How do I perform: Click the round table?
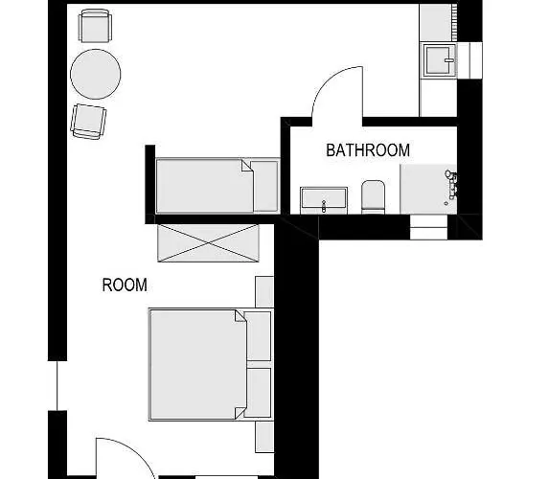tap(96, 73)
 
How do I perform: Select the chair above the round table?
tap(94, 26)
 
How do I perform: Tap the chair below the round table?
tap(88, 121)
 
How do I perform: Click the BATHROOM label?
tap(368, 150)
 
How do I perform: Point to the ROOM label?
tap(125, 285)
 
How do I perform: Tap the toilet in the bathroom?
tap(373, 197)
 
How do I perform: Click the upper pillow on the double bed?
tap(259, 336)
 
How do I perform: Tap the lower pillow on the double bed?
tap(259, 390)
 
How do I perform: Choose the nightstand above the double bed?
tap(264, 291)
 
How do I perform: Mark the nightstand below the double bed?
tap(264, 437)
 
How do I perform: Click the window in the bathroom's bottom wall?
tap(427, 228)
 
